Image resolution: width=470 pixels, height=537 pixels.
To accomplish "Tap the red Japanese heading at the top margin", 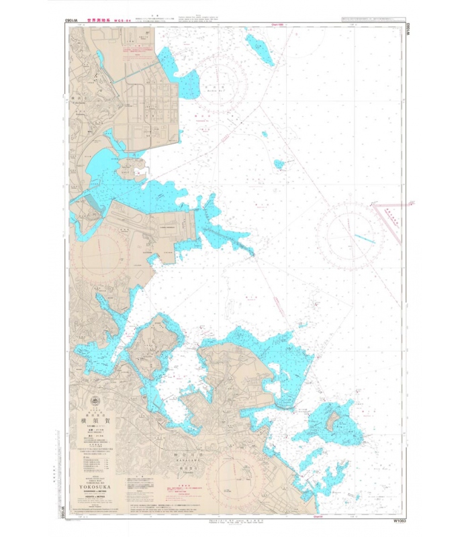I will point(101,21).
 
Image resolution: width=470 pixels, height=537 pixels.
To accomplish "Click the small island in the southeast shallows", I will point(332,422).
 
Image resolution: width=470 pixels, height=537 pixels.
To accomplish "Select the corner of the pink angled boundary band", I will point(375,204).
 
